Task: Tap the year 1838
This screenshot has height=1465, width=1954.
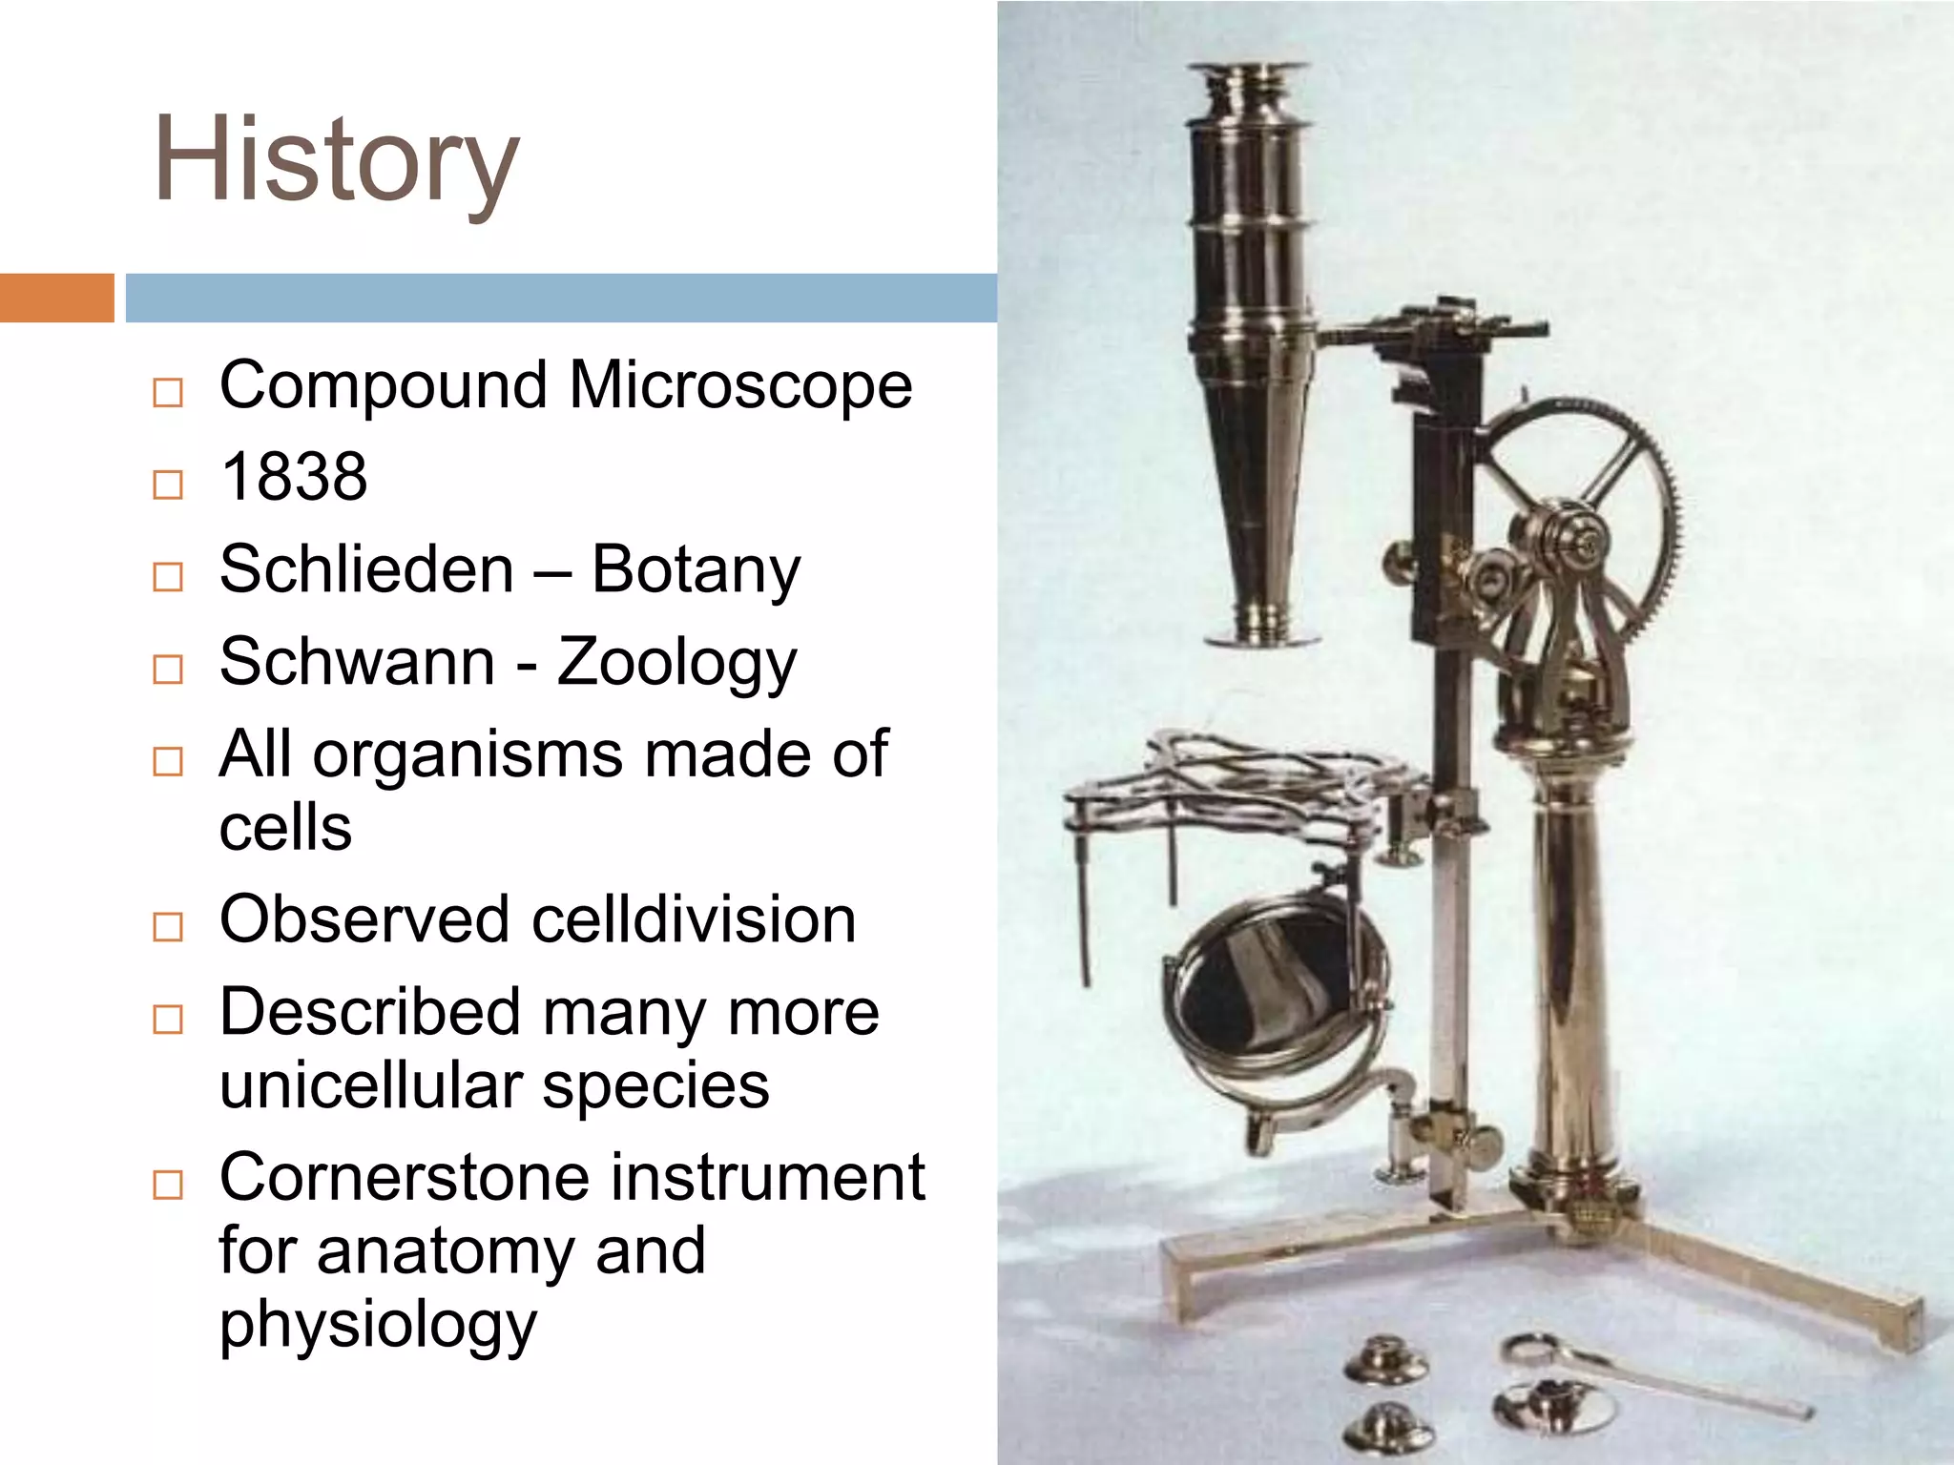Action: coord(293,477)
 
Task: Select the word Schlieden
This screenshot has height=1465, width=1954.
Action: coord(366,569)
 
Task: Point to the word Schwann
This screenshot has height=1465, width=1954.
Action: coord(357,661)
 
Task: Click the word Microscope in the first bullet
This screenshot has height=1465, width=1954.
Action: coord(740,386)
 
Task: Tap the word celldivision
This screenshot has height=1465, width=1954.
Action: coord(694,920)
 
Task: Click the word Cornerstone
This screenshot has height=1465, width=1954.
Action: coord(405,1177)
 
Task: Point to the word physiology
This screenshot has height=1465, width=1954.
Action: coord(378,1326)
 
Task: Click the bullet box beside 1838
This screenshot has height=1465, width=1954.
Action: coord(168,485)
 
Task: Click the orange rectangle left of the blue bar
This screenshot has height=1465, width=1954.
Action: coord(56,298)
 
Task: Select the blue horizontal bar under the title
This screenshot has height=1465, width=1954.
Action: coord(561,298)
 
